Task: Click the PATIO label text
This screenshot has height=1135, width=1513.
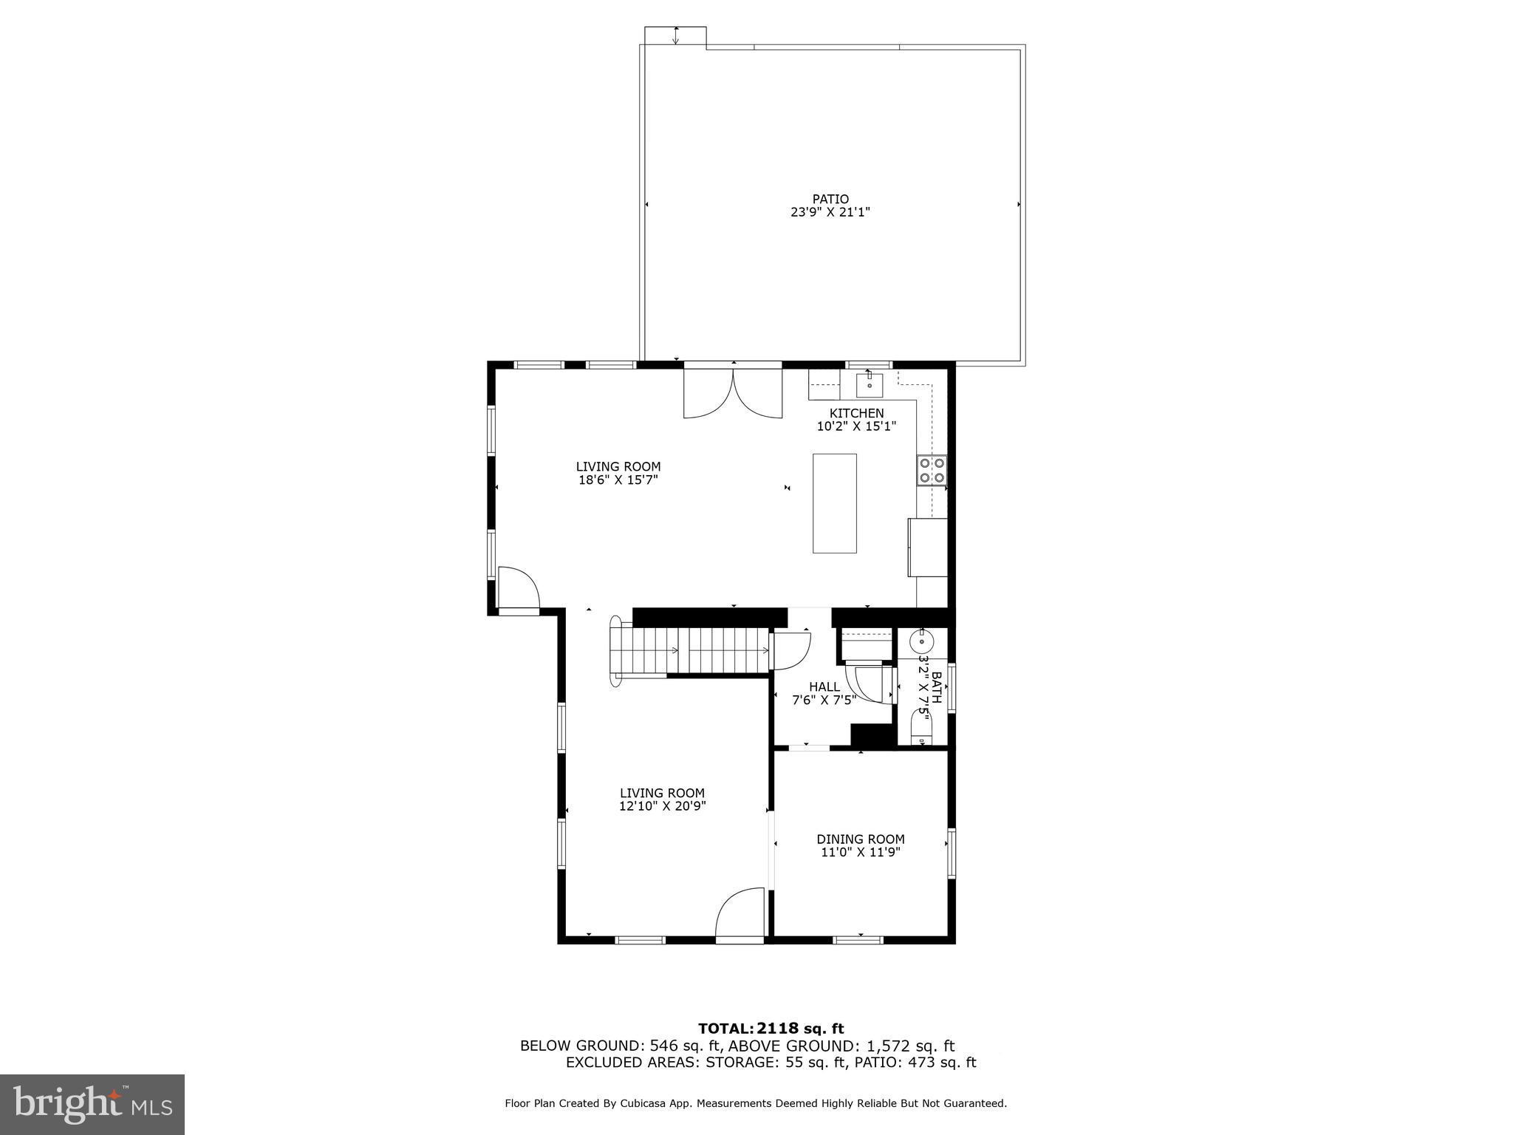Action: (830, 199)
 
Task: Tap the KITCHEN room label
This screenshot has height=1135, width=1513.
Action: (856, 413)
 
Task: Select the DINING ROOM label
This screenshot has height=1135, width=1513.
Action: (860, 839)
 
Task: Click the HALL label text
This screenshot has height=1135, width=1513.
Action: (824, 686)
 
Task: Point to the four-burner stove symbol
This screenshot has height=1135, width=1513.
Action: (932, 471)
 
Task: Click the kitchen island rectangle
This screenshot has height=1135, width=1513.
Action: (834, 503)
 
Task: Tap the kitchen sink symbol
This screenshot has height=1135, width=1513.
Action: (870, 384)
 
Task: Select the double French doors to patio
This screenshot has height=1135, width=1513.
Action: (733, 393)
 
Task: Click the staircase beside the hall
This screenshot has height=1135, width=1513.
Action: (691, 650)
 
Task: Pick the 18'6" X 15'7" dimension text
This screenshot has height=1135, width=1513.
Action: (618, 480)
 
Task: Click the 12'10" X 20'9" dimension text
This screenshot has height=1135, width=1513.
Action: (662, 806)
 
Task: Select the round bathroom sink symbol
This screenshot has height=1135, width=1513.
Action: (921, 641)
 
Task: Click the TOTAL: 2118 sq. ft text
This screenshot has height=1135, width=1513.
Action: (771, 1029)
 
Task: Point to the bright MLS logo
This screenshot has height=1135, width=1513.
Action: (92, 1104)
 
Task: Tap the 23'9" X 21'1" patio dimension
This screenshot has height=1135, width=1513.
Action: (830, 212)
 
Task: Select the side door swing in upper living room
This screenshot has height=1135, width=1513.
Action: (517, 589)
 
